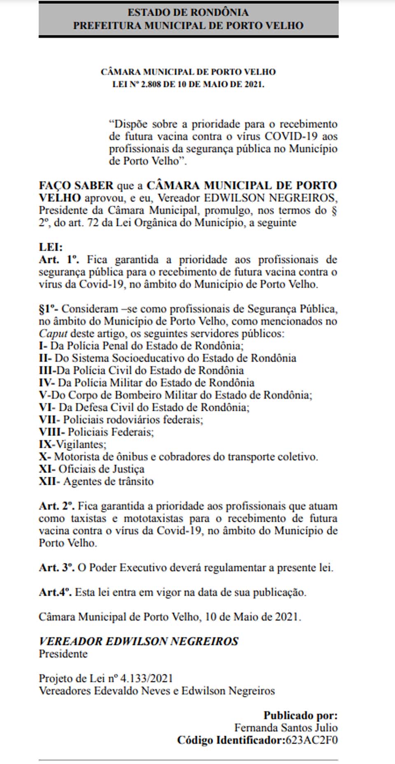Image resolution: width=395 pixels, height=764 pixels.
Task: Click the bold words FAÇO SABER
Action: tap(76, 186)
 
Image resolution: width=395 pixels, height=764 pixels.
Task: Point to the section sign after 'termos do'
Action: tap(335, 210)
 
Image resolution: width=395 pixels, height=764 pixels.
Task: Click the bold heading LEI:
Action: tap(51, 247)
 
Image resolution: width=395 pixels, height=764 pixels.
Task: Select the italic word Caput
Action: tap(53, 333)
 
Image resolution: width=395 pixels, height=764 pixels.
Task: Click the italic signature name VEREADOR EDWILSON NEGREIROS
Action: tap(139, 642)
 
